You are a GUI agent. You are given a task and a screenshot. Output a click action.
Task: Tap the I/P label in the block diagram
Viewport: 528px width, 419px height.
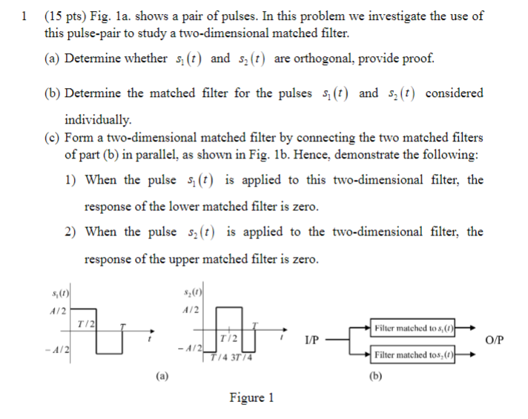pyautogui.click(x=312, y=341)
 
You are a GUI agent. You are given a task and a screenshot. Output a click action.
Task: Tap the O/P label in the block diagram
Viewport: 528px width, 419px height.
pyautogui.click(x=492, y=341)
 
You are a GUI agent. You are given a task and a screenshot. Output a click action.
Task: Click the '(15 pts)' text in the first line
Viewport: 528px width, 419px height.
pyautogui.click(x=67, y=16)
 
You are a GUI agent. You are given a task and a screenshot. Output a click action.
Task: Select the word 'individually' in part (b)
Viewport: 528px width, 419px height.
pyautogui.click(x=98, y=119)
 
